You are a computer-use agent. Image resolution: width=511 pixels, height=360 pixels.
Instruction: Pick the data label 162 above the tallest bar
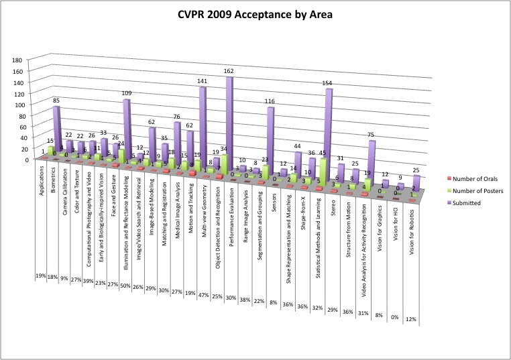pos(229,70)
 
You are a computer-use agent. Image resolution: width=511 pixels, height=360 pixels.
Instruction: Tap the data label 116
pos(269,101)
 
